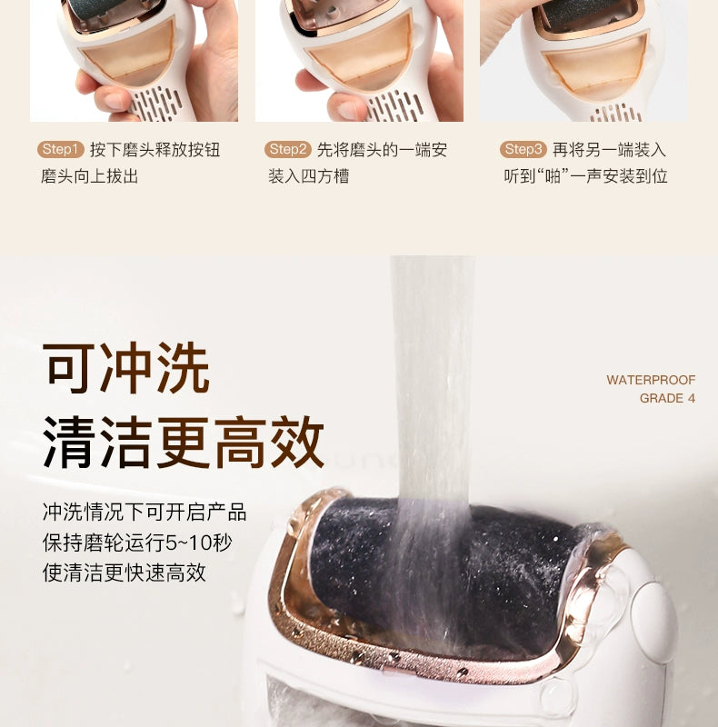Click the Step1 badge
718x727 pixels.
point(61,149)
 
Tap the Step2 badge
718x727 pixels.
point(287,149)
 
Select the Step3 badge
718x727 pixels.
point(524,149)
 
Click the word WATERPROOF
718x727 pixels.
point(651,380)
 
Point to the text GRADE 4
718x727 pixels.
point(667,398)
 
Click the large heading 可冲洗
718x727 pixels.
point(126,368)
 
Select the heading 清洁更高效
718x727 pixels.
point(184,442)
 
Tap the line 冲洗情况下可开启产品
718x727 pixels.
point(145,512)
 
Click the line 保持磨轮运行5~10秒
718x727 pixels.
point(137,543)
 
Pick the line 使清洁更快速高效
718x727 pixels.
point(124,573)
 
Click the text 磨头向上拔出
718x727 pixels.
point(89,176)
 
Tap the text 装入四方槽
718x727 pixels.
point(308,176)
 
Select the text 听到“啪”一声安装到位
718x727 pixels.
point(586,176)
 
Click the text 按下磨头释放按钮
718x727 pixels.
point(155,150)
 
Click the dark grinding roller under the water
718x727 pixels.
point(441,575)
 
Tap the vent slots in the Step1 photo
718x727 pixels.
point(156,105)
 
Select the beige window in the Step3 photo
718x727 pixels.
point(596,70)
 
